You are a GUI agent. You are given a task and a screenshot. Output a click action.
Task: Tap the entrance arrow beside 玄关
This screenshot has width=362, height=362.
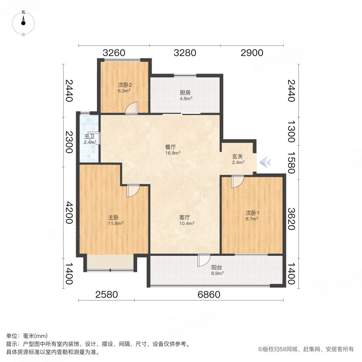click(265, 162)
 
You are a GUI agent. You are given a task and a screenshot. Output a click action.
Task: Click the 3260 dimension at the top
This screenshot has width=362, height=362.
click(114, 53)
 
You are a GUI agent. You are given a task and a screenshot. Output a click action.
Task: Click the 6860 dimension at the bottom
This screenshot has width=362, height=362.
click(209, 294)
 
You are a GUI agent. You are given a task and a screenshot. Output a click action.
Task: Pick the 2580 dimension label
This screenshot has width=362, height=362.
click(107, 294)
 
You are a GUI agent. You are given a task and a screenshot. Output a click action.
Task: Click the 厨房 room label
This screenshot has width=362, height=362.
click(185, 92)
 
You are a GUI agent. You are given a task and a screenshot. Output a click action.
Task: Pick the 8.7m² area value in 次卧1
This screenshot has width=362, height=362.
click(252, 219)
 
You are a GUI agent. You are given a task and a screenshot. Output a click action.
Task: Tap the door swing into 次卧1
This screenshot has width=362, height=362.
click(237, 182)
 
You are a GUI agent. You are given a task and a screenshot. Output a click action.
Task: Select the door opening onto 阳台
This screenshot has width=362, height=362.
click(204, 261)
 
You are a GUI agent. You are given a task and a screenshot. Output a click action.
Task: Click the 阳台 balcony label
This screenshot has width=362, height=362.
click(217, 267)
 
